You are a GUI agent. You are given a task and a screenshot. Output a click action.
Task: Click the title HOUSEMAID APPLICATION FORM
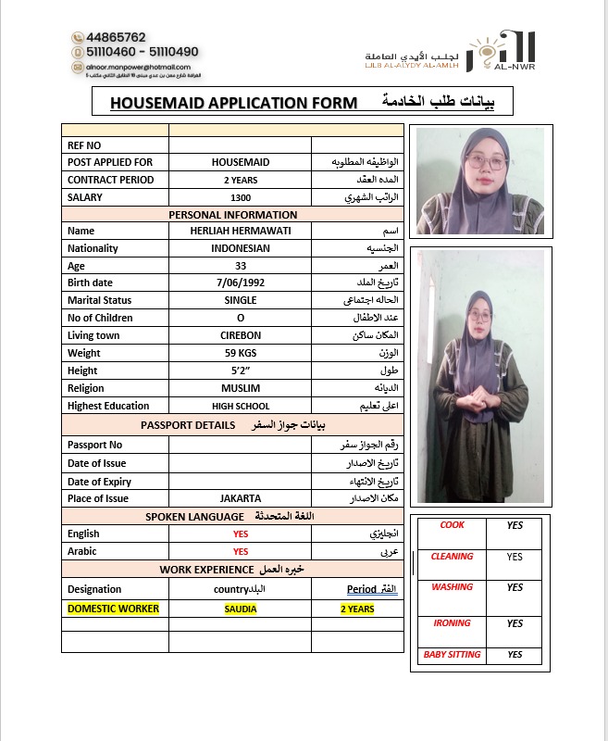[233, 103]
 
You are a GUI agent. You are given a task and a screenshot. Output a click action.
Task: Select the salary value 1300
[241, 197]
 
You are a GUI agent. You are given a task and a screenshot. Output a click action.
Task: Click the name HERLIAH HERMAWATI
[240, 231]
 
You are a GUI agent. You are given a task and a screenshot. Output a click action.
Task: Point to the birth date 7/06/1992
[241, 283]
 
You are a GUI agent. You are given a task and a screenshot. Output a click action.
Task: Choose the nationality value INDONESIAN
[241, 248]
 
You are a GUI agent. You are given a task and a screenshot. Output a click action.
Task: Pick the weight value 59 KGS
[241, 353]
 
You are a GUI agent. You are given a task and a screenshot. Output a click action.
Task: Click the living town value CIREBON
[241, 335]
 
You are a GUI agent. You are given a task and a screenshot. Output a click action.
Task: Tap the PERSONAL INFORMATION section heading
[232, 215]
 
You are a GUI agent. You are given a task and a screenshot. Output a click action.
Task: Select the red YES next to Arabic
[241, 551]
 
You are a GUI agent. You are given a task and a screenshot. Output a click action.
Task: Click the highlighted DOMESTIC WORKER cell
[114, 609]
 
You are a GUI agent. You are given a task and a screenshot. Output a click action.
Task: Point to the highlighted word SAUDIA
[241, 609]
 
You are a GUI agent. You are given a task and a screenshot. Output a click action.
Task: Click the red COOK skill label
[452, 525]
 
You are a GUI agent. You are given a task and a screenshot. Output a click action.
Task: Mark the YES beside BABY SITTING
[515, 655]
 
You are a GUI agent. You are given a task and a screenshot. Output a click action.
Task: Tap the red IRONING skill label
[452, 623]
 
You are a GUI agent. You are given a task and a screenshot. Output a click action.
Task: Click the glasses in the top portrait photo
[485, 161]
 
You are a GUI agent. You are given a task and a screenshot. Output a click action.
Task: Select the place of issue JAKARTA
[241, 498]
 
